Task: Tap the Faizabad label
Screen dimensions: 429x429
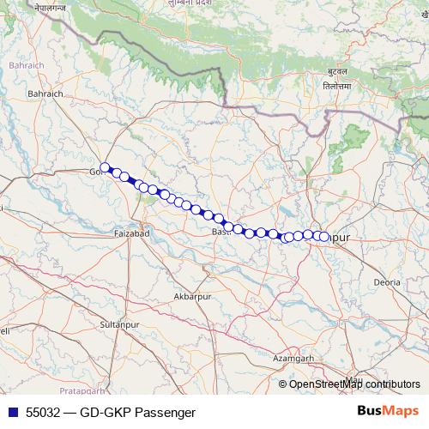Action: pos(132,233)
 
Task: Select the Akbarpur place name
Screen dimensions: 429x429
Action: pos(192,296)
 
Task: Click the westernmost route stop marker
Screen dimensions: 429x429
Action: pos(105,168)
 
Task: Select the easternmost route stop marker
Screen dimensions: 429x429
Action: pos(324,236)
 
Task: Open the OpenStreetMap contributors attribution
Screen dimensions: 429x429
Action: pos(353,384)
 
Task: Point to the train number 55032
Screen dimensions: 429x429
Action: pos(44,411)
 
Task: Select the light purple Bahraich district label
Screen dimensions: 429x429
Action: pos(18,64)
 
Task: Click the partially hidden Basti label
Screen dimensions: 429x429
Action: pos(221,232)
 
